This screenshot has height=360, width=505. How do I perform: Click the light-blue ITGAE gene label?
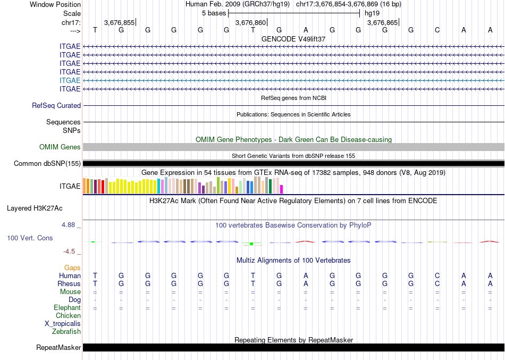[x=70, y=80]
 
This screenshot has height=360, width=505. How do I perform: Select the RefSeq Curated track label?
[x=56, y=106]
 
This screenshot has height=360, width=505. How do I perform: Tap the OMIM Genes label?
[x=60, y=147]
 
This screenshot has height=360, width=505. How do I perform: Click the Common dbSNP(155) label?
[x=47, y=164]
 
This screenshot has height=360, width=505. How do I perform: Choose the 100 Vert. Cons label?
[x=30, y=238]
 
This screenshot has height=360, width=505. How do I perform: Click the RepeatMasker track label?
[x=58, y=348]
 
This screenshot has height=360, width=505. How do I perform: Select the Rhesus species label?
[x=69, y=283]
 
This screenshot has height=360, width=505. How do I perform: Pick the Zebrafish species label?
[x=66, y=331]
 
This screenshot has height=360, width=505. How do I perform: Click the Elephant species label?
[x=68, y=307]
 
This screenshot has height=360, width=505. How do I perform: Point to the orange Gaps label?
[x=72, y=267]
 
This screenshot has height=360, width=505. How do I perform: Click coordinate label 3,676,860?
[x=250, y=23]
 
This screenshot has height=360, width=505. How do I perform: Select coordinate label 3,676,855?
[x=119, y=23]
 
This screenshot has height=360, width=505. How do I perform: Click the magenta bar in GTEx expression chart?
[x=282, y=189]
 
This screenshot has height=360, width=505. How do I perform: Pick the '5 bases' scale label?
[x=213, y=12]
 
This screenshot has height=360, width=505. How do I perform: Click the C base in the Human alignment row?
[x=437, y=275]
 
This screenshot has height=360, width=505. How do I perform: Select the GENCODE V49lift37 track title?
[x=293, y=39]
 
